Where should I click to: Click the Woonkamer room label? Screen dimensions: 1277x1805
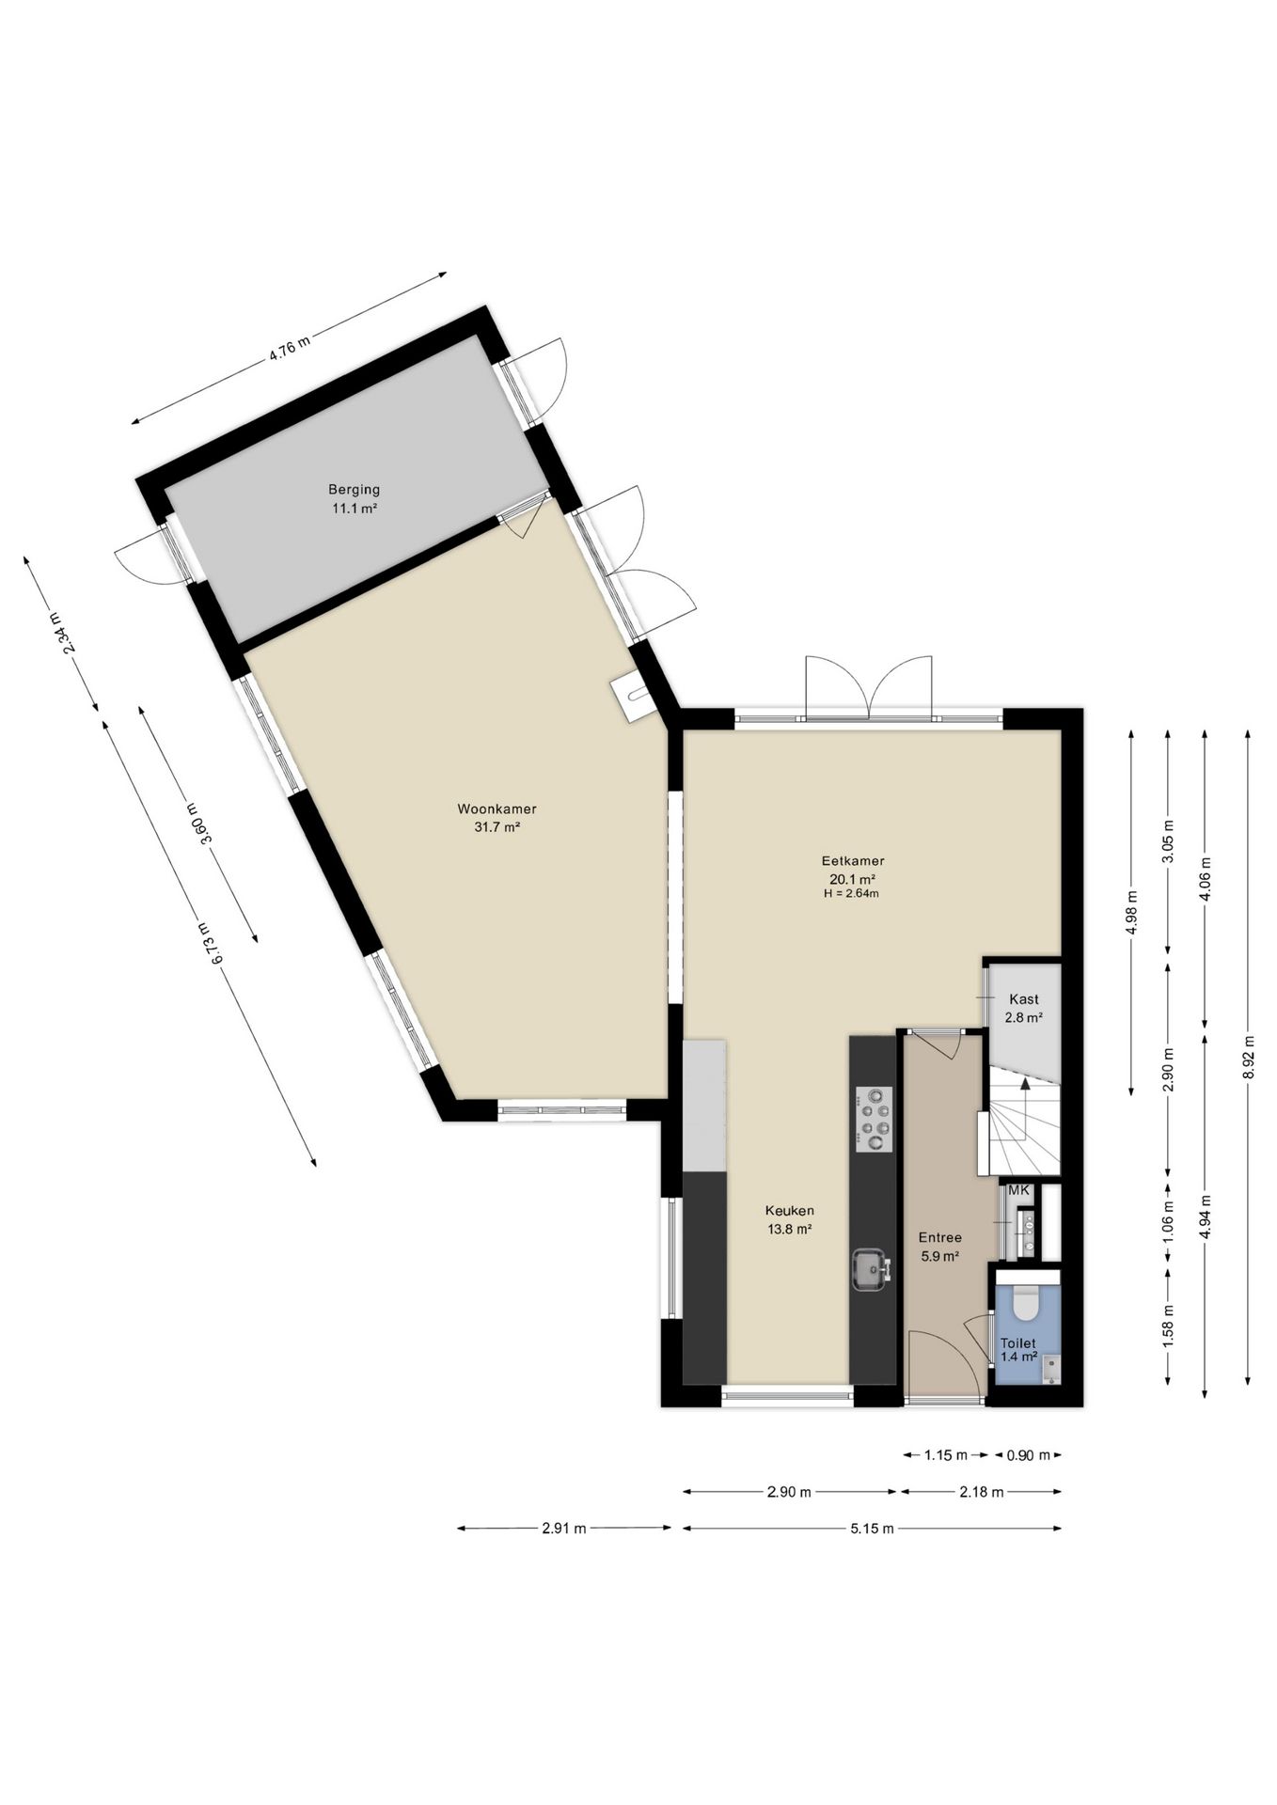(x=497, y=808)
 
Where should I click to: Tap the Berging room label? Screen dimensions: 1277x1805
(x=354, y=490)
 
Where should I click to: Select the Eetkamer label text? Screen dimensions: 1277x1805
(x=853, y=860)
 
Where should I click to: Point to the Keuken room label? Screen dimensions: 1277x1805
(x=789, y=1211)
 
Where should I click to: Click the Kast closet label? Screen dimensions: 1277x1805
(x=1023, y=999)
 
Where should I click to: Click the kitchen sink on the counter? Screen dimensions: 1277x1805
(x=872, y=1269)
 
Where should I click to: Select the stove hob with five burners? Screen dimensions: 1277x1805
(x=874, y=1119)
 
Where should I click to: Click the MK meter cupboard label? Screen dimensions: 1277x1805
(x=1019, y=1190)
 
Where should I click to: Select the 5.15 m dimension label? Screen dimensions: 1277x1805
(x=872, y=1529)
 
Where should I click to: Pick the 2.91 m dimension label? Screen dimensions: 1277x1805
(x=563, y=1529)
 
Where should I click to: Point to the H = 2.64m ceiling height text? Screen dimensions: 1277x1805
(x=851, y=894)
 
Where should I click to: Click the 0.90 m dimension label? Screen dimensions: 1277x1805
(x=1027, y=1455)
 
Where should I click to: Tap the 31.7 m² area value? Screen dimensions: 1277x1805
(x=498, y=827)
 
